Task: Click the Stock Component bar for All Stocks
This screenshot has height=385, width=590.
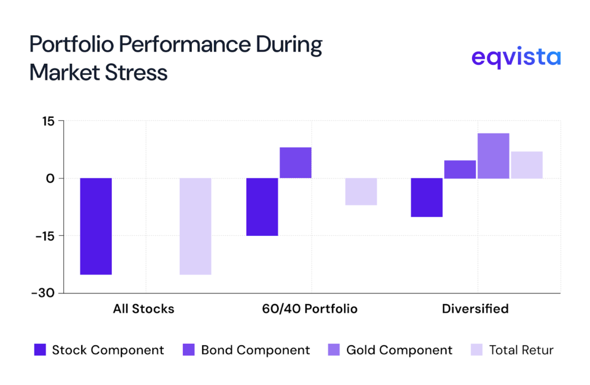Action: tap(96, 226)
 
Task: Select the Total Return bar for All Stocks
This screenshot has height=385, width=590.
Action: tap(195, 226)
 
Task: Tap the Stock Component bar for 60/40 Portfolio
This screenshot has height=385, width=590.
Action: tap(262, 207)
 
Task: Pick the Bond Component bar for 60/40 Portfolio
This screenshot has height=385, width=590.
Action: tap(296, 163)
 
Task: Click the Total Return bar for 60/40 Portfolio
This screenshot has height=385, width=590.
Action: tap(361, 192)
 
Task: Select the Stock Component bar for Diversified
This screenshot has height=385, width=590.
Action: tap(426, 197)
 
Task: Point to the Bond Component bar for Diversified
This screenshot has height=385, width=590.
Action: tap(460, 169)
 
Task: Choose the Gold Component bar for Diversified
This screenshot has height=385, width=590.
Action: tap(493, 156)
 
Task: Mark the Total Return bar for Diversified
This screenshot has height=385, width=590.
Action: tap(527, 165)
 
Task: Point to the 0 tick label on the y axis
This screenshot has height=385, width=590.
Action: tap(50, 178)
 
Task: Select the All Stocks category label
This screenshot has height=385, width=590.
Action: tap(143, 309)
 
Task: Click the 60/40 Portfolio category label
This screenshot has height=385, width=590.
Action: tap(309, 309)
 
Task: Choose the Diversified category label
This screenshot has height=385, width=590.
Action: tap(475, 309)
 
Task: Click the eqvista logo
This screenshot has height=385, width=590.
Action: tap(516, 58)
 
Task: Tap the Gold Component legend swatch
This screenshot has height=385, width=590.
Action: tap(335, 350)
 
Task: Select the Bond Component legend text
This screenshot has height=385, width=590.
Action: tap(255, 350)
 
